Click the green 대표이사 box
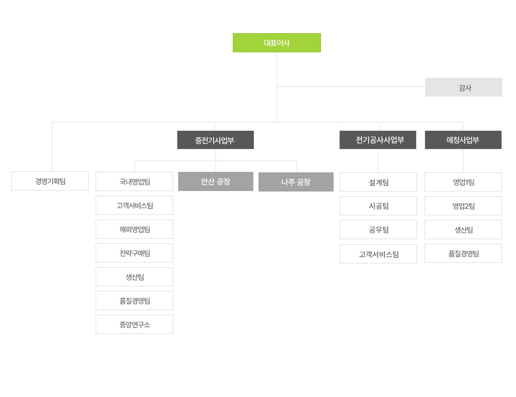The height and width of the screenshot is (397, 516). tap(277, 43)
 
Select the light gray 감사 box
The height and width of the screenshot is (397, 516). tap(464, 87)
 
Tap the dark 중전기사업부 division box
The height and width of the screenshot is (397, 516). tap(216, 140)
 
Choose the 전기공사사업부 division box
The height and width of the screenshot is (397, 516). tap(378, 140)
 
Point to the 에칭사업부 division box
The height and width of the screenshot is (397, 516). tap(463, 140)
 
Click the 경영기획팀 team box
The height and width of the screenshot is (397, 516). tap(50, 181)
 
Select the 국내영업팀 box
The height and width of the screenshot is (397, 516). tap(134, 182)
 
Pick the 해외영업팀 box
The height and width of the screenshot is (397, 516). tap(134, 229)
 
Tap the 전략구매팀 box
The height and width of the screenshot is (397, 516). tap(134, 253)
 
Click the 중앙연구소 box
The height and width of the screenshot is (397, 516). tap(134, 325)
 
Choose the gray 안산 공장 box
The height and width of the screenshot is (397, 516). tap(216, 182)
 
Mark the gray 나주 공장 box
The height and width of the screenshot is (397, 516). tap(296, 182)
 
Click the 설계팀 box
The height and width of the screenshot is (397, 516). tap(378, 182)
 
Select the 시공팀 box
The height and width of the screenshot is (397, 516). tap(378, 206)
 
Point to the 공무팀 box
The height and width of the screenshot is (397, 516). tap(378, 230)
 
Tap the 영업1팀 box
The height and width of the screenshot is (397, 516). tap(463, 182)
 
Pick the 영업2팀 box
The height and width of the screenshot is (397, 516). tap(463, 206)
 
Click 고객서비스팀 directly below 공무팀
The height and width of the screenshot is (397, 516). tap(378, 254)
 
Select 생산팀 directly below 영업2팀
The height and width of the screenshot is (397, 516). tap(463, 230)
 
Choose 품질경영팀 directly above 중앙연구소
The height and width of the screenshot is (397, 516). tap(134, 301)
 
